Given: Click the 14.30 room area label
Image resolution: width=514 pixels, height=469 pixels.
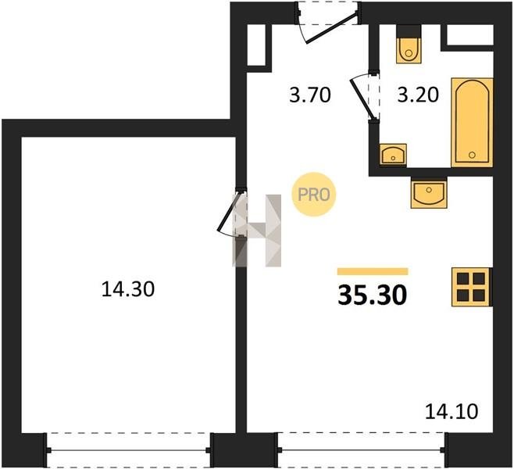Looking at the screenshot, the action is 128,289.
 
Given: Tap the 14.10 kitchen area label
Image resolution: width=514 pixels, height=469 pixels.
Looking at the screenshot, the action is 452,411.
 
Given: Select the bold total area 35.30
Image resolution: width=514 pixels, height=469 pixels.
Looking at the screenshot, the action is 373,295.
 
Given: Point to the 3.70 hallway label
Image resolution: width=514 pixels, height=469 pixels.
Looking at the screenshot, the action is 310,95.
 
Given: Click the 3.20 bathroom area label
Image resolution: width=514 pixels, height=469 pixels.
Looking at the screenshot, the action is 418,95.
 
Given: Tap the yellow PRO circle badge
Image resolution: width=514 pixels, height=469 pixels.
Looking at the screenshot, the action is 314,195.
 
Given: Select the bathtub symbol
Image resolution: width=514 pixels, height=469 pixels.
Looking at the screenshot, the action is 472,123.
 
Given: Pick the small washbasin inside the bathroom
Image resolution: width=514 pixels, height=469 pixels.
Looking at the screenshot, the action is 393,154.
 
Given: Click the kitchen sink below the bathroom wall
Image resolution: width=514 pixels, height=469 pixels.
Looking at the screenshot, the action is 429,194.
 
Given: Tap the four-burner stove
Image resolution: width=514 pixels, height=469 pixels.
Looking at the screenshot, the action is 472,287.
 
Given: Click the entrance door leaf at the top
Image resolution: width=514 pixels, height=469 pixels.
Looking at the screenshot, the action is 331,27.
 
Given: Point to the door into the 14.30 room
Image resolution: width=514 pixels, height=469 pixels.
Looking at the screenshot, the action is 229,211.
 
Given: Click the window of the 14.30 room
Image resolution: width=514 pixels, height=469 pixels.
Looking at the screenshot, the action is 128,450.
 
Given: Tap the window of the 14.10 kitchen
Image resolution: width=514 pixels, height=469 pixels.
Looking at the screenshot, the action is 361,449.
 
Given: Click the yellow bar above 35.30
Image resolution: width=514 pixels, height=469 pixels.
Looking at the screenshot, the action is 373,271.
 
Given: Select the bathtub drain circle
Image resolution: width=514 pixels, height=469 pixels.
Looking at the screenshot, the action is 472,155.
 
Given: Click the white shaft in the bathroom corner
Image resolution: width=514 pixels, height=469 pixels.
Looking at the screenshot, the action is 470,34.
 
